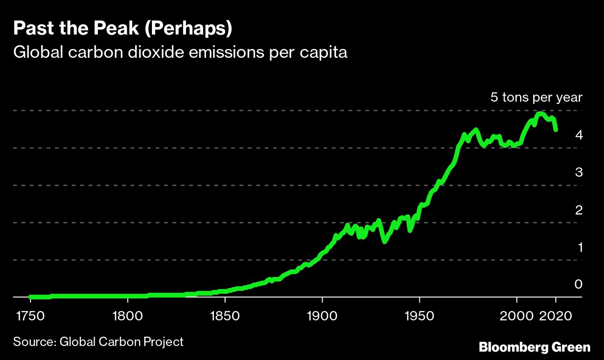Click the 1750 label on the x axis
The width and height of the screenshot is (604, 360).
pyautogui.click(x=30, y=316)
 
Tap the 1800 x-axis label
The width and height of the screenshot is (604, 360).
pyautogui.click(x=128, y=316)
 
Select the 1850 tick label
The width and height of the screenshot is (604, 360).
pyautogui.click(x=225, y=316)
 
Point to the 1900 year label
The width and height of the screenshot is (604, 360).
pyautogui.click(x=323, y=316)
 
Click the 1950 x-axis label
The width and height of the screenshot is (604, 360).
pyautogui.click(x=420, y=316)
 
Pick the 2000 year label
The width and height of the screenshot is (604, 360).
pyautogui.click(x=517, y=316)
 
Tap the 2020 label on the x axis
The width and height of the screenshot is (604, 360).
pyautogui.click(x=556, y=316)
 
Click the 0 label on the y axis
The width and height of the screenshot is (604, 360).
pyautogui.click(x=578, y=284)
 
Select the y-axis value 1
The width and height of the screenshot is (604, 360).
pyautogui.click(x=579, y=247)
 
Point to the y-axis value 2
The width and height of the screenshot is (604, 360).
pyautogui.click(x=578, y=209)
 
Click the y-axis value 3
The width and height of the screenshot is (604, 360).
pyautogui.click(x=578, y=172)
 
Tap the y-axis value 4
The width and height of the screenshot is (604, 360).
pyautogui.click(x=578, y=135)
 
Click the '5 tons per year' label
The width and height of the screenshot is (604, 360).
pyautogui.click(x=536, y=97)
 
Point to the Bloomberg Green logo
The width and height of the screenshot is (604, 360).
pyautogui.click(x=535, y=347)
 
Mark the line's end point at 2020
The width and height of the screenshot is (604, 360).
pyautogui.click(x=556, y=130)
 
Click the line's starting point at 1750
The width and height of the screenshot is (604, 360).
pyautogui.click(x=31, y=297)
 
